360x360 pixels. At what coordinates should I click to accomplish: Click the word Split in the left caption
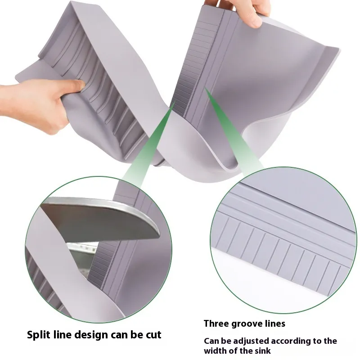pos(38,335)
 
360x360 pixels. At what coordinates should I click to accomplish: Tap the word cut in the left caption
pos(153,335)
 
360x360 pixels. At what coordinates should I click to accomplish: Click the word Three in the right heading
pos(216,324)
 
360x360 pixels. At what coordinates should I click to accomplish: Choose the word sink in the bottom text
pos(263,351)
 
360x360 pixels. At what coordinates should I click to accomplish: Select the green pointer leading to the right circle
pos(232,129)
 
